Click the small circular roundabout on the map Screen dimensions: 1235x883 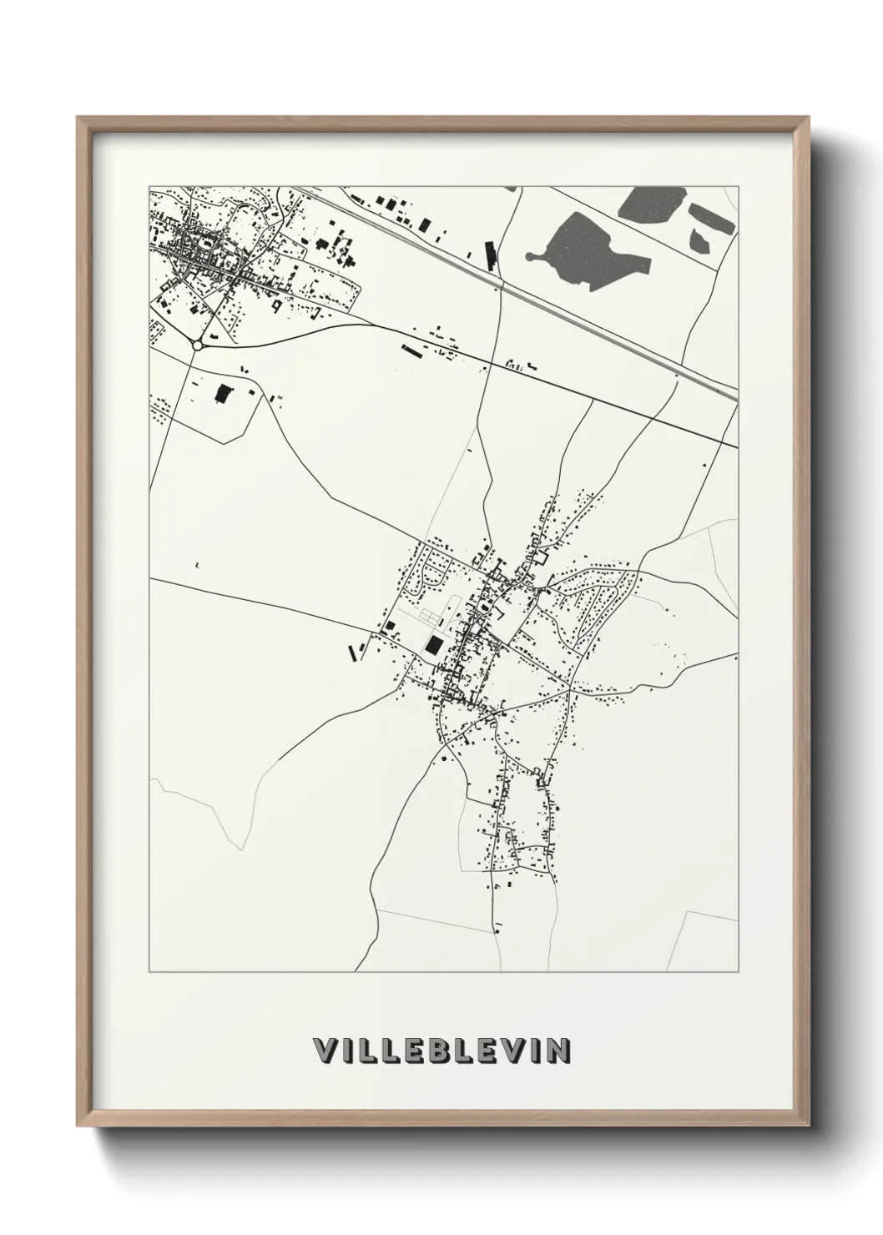198,344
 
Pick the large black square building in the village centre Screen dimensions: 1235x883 434,643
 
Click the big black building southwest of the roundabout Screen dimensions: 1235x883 222,394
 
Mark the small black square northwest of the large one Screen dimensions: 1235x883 388,625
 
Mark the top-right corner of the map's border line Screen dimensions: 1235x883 738,185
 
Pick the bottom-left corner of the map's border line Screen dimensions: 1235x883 149,971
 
